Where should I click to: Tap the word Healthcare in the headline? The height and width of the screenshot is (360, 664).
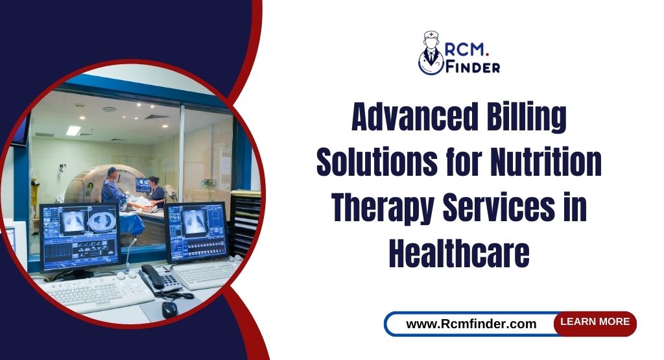click(459, 254)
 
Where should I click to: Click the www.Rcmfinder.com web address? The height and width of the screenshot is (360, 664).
click(471, 324)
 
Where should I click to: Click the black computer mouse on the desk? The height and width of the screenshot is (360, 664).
click(169, 309)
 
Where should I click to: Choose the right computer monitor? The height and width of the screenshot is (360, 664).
click(195, 230)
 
